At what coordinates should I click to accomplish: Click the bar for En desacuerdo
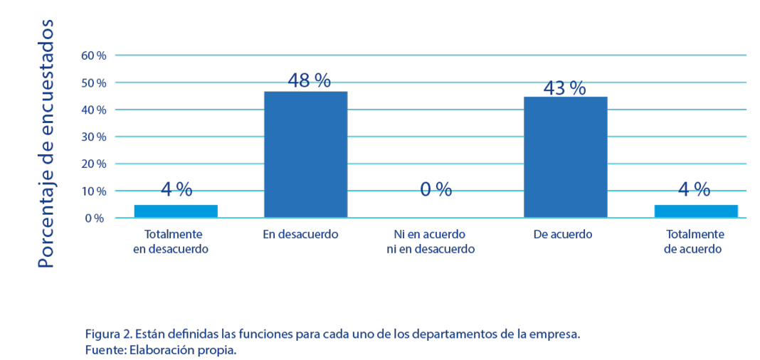click(305, 154)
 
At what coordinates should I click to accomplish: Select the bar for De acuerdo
click(565, 157)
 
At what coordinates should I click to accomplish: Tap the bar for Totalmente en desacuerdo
click(175, 211)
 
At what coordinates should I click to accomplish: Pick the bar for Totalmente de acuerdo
click(695, 211)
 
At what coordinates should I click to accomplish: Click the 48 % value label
click(309, 80)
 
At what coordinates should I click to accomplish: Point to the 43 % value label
click(564, 88)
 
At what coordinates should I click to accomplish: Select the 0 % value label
click(436, 189)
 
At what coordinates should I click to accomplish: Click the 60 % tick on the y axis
click(94, 55)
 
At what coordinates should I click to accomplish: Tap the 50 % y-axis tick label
click(94, 83)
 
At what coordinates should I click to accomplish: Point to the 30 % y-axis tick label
click(94, 137)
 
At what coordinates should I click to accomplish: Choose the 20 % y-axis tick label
click(94, 164)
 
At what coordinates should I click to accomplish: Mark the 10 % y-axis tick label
click(94, 191)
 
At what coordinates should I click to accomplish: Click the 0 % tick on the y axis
click(95, 218)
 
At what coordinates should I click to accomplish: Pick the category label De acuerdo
click(562, 234)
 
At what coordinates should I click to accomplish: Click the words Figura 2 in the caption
click(105, 334)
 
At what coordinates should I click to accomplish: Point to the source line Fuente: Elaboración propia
click(160, 351)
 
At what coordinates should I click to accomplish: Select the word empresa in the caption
click(557, 334)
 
